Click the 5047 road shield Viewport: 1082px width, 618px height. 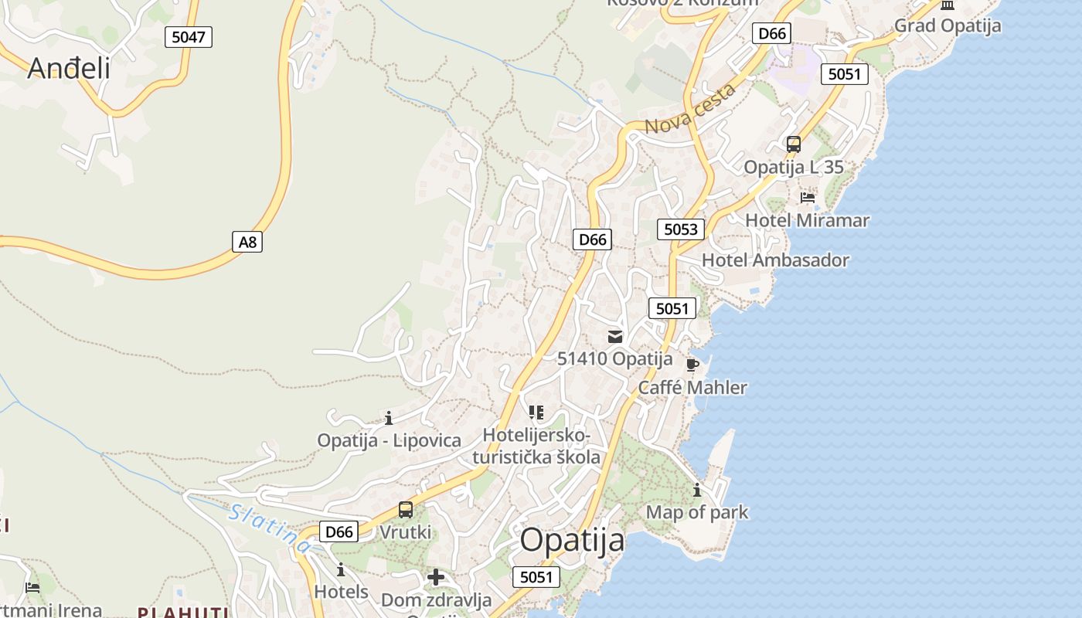[x=188, y=36]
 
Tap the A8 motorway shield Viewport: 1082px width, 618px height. [x=247, y=242]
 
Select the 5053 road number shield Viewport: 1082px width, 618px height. [x=681, y=229]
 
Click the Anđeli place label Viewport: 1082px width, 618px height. [x=69, y=68]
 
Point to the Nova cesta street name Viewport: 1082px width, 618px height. [x=690, y=110]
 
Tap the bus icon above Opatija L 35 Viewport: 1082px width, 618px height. [x=793, y=144]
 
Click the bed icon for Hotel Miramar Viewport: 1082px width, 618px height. [x=808, y=198]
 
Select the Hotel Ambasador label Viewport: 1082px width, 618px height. [x=775, y=260]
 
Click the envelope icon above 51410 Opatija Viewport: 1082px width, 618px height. [x=615, y=336]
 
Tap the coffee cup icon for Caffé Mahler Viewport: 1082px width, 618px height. [x=692, y=365]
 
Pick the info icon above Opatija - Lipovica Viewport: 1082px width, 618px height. [x=389, y=418]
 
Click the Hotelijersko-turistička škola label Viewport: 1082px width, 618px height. [x=536, y=446]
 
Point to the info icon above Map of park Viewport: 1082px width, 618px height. [x=697, y=490]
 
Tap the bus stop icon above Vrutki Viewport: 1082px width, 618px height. [x=406, y=510]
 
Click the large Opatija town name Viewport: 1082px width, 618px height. [x=572, y=539]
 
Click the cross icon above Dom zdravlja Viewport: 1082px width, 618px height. [x=436, y=577]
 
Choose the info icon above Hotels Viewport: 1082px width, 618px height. [x=341, y=570]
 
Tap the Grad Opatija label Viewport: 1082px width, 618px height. [x=948, y=25]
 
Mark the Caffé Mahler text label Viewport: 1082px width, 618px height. [x=692, y=388]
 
